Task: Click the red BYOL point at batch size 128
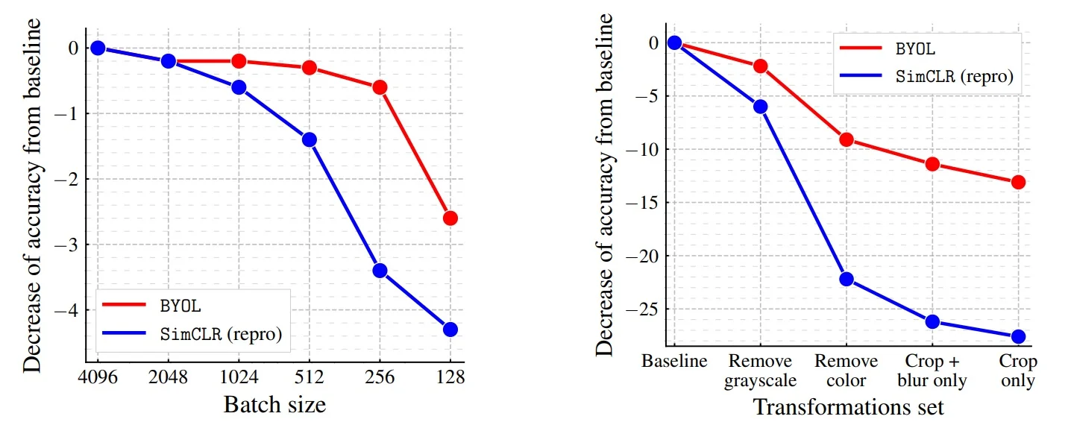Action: [450, 218]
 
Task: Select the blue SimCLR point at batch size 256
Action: [380, 270]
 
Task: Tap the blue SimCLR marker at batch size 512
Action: [309, 139]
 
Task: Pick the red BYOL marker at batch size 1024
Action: [239, 61]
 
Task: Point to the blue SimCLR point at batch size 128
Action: [450, 329]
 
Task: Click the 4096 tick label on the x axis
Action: [98, 377]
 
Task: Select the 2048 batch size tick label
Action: [169, 377]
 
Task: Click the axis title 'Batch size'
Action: [274, 405]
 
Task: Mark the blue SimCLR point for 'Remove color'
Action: [846, 279]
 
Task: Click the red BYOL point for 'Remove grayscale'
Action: [760, 66]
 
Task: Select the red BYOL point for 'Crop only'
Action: [1018, 182]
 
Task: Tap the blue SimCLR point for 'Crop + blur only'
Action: [932, 321]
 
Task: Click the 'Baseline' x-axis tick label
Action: [674, 362]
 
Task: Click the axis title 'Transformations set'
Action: [848, 407]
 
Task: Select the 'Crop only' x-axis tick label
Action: [1018, 371]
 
